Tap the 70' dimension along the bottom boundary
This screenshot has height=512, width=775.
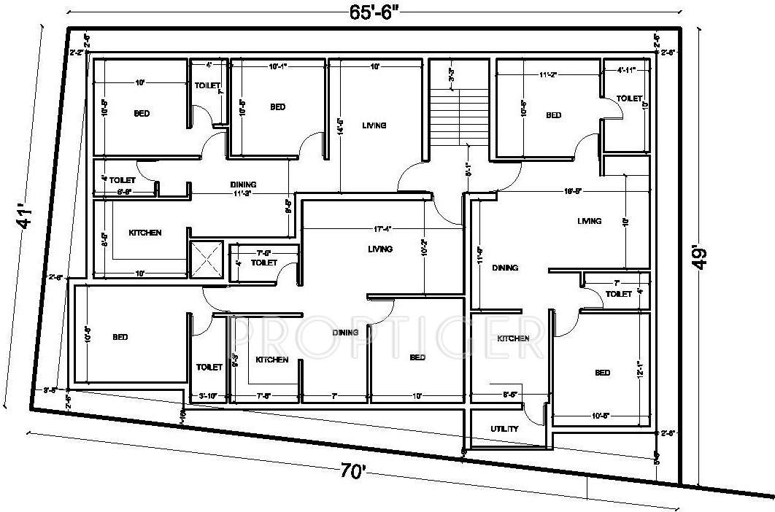tap(353, 472)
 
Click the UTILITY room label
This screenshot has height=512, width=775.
tap(504, 430)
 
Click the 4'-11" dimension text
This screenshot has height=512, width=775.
tap(626, 71)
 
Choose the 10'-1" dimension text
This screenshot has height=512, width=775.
tap(277, 67)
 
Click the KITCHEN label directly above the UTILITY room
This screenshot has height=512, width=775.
tap(513, 338)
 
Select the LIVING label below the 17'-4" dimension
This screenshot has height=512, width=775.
tap(380, 249)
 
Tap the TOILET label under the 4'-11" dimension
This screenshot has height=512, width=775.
tap(629, 98)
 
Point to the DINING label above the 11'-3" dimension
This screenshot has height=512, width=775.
tap(243, 185)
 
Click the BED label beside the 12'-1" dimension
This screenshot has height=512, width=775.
tap(602, 373)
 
